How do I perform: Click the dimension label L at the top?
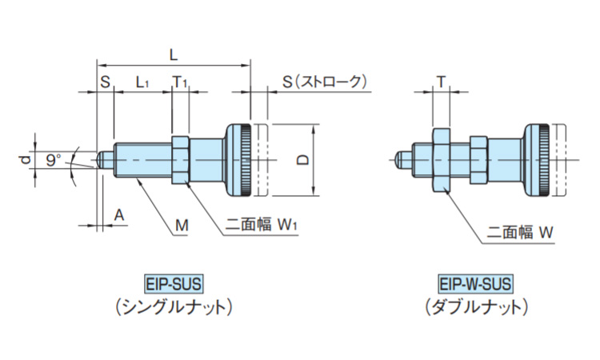(x=174, y=53)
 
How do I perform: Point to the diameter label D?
(x=302, y=159)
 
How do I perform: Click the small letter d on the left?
(x=25, y=160)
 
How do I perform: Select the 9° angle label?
(x=54, y=160)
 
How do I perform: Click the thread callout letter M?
(x=182, y=226)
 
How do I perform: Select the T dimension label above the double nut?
(x=441, y=82)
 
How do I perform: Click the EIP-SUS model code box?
(x=174, y=282)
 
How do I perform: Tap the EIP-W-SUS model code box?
(x=475, y=282)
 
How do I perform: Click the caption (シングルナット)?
(x=174, y=306)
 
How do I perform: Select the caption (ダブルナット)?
(x=475, y=306)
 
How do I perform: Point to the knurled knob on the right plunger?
(x=538, y=160)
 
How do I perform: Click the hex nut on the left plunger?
(x=179, y=160)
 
